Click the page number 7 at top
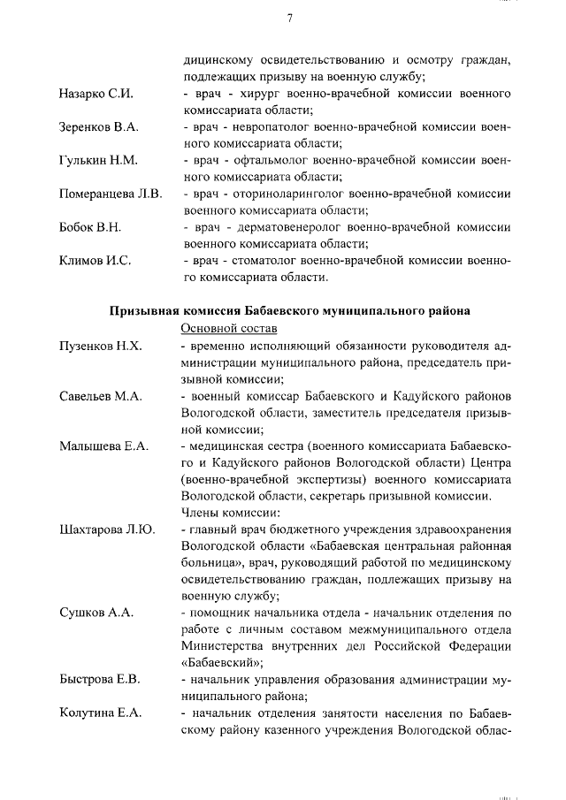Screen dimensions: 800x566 click(x=289, y=20)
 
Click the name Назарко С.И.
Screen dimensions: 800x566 click(x=96, y=94)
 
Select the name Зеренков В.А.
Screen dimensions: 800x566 click(x=99, y=127)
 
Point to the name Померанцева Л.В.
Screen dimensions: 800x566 click(x=111, y=194)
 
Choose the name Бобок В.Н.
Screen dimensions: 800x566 click(x=90, y=227)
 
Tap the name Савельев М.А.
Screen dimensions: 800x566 click(x=101, y=396)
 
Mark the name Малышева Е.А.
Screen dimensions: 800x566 click(x=103, y=446)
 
